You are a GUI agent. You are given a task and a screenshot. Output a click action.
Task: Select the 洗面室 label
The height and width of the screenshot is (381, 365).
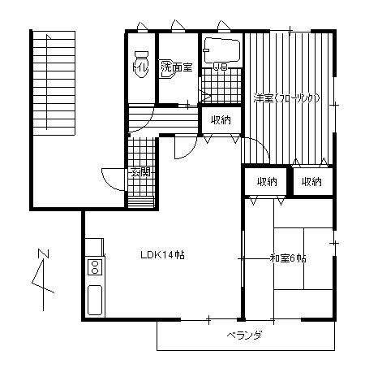(x=176, y=67)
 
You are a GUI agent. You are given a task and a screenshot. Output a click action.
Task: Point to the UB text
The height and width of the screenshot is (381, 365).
(x=219, y=67)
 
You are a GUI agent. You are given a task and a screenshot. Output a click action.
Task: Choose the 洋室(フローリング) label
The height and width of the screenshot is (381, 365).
(x=286, y=98)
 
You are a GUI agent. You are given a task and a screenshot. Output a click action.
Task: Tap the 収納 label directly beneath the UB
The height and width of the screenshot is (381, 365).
(x=220, y=119)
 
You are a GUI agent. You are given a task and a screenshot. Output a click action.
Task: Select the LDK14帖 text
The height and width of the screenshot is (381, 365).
(x=161, y=255)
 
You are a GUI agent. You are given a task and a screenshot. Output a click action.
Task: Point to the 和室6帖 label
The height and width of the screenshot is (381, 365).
(x=288, y=258)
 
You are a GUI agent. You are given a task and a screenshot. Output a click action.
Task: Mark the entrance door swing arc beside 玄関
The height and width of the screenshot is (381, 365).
(x=110, y=177)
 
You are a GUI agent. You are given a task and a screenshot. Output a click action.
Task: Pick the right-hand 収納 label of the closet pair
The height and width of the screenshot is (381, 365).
(x=311, y=181)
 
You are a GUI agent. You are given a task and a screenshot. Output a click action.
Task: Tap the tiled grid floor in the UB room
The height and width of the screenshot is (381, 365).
(x=217, y=82)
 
